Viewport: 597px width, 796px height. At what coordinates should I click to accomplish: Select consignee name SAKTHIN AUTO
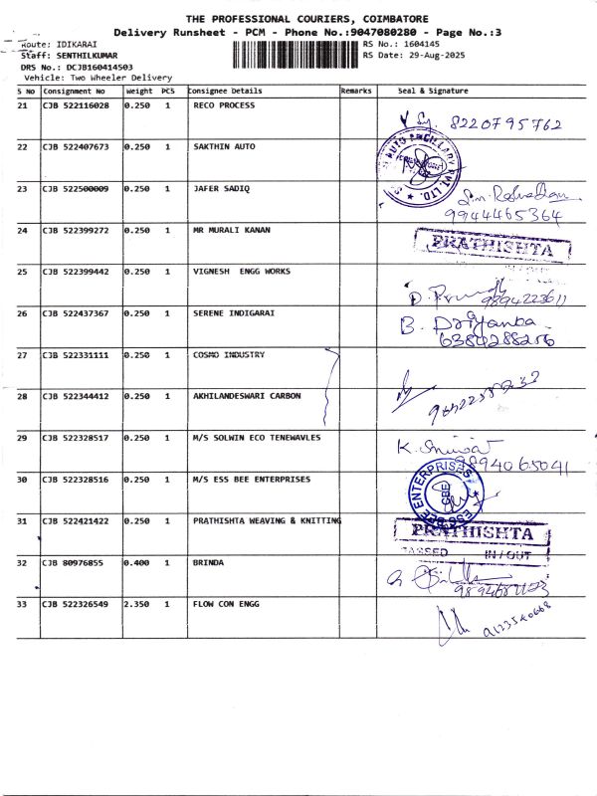click(224, 147)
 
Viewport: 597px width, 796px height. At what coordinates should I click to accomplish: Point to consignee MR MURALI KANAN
click(231, 231)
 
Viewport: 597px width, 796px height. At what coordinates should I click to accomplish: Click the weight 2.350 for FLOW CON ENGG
click(137, 604)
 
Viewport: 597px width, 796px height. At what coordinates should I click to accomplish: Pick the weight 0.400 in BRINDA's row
click(137, 562)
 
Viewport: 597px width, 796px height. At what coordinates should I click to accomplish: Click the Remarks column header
click(356, 91)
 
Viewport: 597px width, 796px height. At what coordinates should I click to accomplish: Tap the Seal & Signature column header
click(433, 91)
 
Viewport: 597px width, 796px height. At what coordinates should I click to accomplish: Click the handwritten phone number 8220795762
click(507, 126)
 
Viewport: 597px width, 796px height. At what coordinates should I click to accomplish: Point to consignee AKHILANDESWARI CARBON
click(247, 396)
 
